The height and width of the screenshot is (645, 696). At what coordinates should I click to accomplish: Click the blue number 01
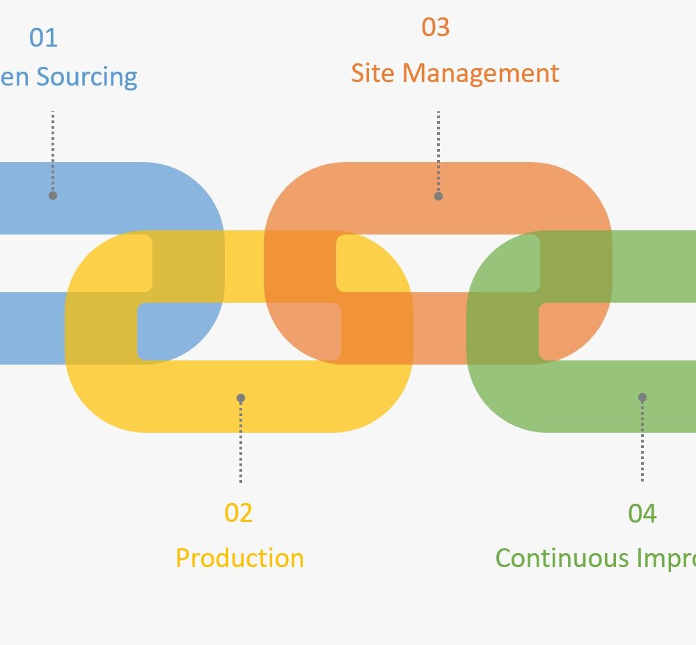(43, 38)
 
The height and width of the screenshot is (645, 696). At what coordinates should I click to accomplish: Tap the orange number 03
(436, 27)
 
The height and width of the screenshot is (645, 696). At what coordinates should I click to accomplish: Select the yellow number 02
(238, 513)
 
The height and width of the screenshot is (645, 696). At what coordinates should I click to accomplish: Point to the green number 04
(642, 513)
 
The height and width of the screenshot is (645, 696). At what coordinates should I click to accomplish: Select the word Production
(239, 558)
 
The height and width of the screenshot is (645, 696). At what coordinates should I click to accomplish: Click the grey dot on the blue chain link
(53, 196)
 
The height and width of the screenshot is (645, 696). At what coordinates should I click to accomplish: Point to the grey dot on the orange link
(438, 196)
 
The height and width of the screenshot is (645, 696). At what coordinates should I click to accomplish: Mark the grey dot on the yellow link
(241, 398)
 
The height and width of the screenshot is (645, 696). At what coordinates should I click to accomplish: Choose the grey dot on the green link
(642, 397)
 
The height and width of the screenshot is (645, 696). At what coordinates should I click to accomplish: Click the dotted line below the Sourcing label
(53, 150)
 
